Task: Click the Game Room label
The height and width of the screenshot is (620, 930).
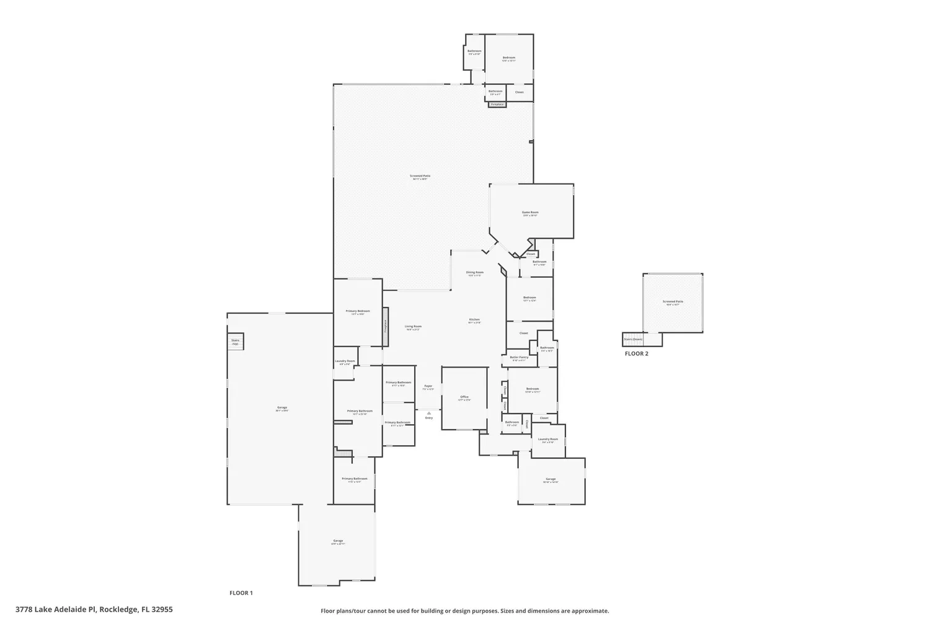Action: (530, 213)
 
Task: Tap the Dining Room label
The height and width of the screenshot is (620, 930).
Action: (475, 273)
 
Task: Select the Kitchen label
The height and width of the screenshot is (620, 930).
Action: (474, 320)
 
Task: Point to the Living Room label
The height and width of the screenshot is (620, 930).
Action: (413, 327)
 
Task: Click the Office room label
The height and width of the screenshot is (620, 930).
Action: (464, 397)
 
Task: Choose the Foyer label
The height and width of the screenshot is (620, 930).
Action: (428, 387)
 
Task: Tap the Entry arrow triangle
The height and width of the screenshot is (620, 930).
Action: (428, 413)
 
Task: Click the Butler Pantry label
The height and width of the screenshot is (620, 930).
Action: (519, 358)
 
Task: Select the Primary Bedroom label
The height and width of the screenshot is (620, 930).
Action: (358, 312)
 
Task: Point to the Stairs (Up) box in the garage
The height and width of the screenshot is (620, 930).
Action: (236, 342)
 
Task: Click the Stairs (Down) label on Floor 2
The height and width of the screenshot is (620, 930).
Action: (633, 339)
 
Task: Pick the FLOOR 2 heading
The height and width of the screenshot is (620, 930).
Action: (636, 354)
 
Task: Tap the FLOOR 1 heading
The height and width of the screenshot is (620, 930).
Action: (241, 593)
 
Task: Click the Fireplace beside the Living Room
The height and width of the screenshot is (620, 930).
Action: (385, 326)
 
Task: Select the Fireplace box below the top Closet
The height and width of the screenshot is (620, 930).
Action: (497, 105)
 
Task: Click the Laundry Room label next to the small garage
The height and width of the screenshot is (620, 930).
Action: (548, 440)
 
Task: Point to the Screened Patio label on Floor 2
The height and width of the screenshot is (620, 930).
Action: (673, 303)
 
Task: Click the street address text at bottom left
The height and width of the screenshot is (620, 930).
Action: (94, 609)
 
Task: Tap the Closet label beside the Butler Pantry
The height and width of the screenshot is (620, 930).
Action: (524, 334)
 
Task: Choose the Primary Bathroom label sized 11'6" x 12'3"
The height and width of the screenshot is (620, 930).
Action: (355, 479)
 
